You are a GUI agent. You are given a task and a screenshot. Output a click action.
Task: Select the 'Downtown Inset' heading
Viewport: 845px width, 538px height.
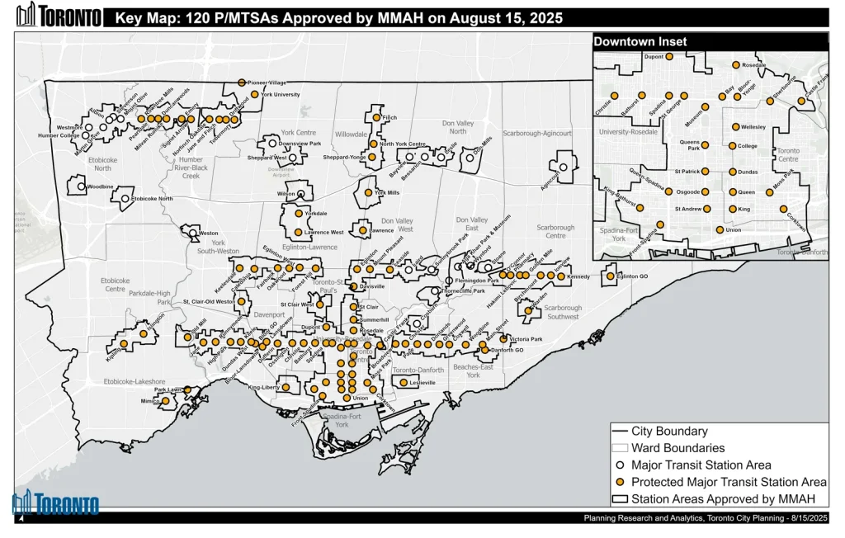pyautogui.click(x=640, y=41)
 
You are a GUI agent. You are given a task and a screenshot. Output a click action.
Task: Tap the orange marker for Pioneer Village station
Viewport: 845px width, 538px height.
pyautogui.click(x=241, y=83)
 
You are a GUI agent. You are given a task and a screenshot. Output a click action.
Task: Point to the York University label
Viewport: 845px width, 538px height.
pyautogui.click(x=280, y=95)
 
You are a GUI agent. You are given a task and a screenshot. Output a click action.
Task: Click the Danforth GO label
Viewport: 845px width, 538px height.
pyautogui.click(x=509, y=351)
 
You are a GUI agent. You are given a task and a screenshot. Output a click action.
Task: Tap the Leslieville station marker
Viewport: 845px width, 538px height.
pyautogui.click(x=404, y=382)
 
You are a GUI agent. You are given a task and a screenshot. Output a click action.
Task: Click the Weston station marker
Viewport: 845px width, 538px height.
pyautogui.click(x=192, y=234)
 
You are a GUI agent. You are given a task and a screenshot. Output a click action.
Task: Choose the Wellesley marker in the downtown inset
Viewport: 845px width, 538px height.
pyautogui.click(x=735, y=127)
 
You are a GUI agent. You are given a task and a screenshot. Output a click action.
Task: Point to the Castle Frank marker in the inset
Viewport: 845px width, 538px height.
pyautogui.click(x=801, y=101)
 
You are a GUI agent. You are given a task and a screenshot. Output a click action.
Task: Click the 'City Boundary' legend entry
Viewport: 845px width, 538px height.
pyautogui.click(x=669, y=431)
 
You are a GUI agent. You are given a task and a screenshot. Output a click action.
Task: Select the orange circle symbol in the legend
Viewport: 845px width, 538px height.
pyautogui.click(x=621, y=482)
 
